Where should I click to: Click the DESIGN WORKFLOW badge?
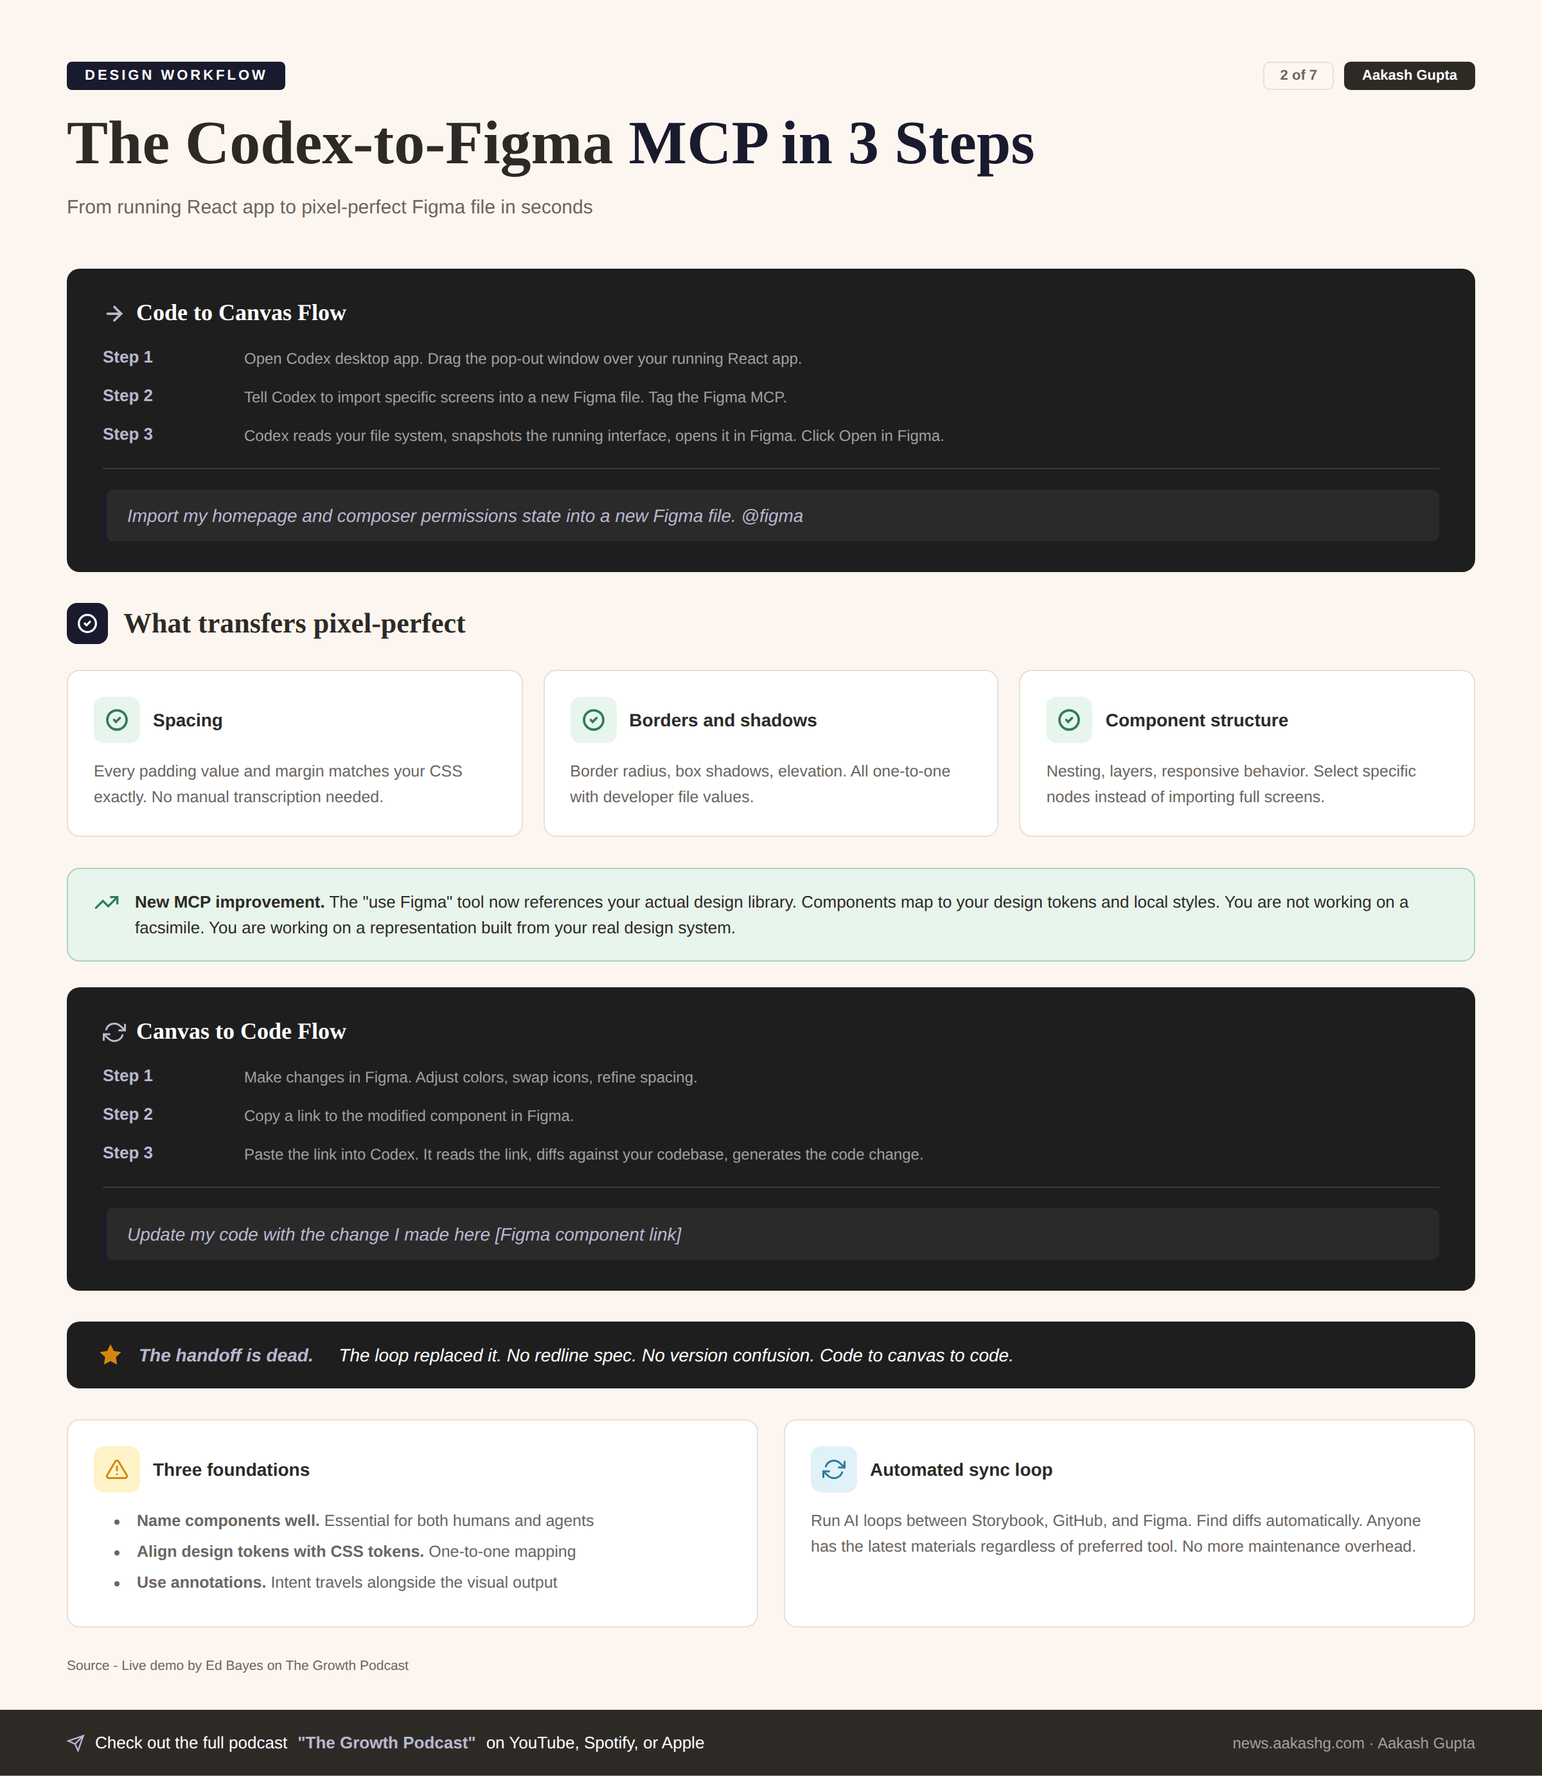pyautogui.click(x=175, y=76)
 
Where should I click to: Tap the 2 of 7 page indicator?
pyautogui.click(x=1298, y=76)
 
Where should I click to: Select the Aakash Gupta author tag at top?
pyautogui.click(x=1408, y=76)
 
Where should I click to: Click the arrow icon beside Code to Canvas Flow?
pyautogui.click(x=114, y=314)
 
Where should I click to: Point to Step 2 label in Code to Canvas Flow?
pyautogui.click(x=127, y=396)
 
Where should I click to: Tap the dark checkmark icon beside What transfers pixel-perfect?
pyautogui.click(x=87, y=624)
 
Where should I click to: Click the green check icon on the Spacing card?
pyautogui.click(x=117, y=721)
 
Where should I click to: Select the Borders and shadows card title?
pyautogui.click(x=722, y=721)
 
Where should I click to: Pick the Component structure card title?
pyautogui.click(x=1196, y=721)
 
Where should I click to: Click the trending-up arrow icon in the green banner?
pyautogui.click(x=107, y=903)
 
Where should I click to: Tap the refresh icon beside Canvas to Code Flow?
pyautogui.click(x=114, y=1032)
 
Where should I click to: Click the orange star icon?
pyautogui.click(x=110, y=1356)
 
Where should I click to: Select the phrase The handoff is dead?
pyautogui.click(x=226, y=1356)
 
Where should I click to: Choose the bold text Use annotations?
pyautogui.click(x=200, y=1583)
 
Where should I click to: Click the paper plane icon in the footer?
pyautogui.click(x=76, y=1743)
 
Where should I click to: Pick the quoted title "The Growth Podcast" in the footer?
pyautogui.click(x=386, y=1743)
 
